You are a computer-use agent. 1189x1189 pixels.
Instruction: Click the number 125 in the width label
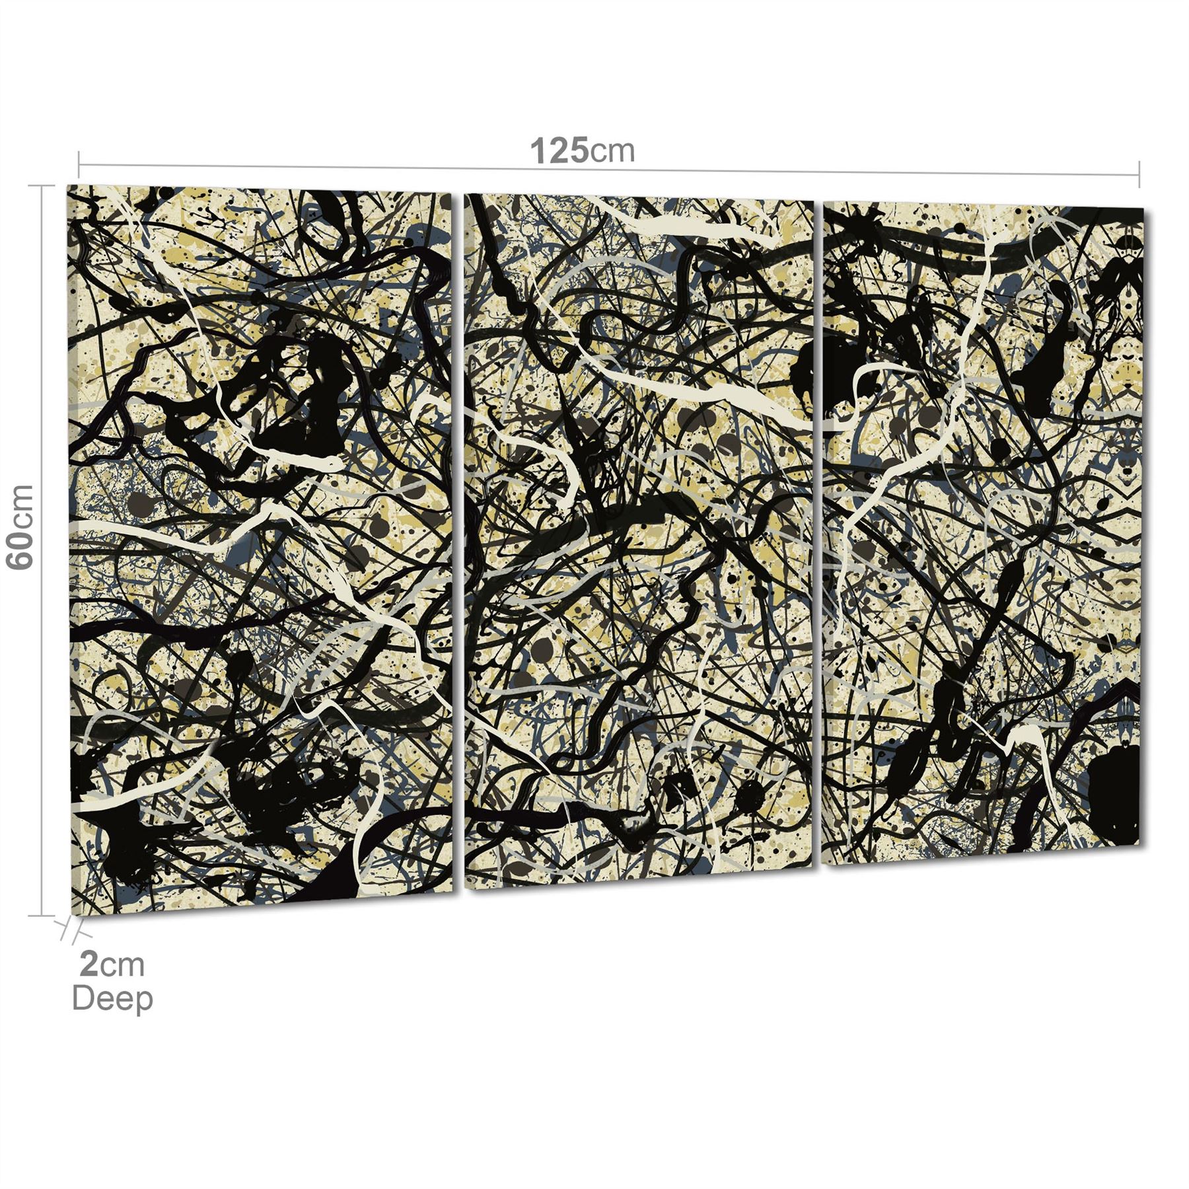(559, 151)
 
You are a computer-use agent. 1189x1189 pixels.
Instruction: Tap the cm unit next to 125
(612, 152)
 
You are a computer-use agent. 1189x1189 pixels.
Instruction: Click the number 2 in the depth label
(89, 965)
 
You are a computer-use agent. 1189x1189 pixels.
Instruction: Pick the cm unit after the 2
(122, 966)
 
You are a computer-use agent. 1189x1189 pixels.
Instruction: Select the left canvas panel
(261, 548)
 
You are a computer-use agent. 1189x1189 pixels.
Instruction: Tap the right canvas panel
(984, 528)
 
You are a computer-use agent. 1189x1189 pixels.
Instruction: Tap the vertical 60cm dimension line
(43, 727)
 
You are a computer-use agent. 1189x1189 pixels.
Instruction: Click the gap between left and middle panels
(458, 542)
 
